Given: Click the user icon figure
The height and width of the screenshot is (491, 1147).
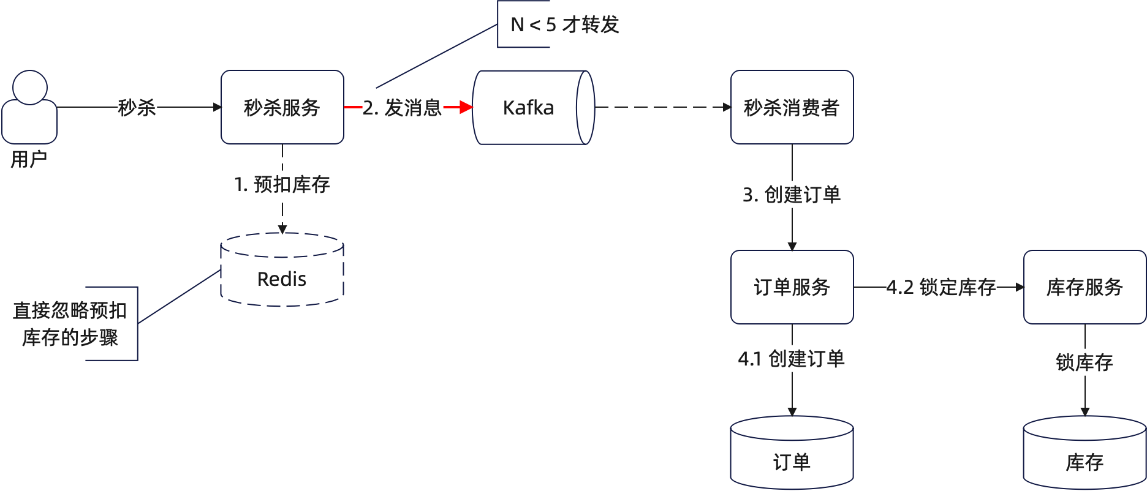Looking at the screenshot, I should click(29, 107).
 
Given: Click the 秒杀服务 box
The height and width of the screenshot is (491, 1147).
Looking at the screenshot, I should click(282, 107).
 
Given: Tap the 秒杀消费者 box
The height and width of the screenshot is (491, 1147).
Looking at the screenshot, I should click(792, 107).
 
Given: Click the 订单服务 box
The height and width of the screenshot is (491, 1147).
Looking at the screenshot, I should click(792, 287).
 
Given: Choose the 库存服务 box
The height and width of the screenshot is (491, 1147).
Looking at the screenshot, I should click(1085, 287).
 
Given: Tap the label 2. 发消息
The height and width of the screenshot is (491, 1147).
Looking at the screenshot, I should click(402, 107).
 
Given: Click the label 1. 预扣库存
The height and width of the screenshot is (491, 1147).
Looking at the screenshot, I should click(282, 184).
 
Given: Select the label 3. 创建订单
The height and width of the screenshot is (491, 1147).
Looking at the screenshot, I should click(792, 195).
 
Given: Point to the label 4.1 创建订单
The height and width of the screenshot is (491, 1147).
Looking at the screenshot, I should click(792, 358).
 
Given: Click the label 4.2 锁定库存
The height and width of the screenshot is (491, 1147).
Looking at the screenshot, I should click(941, 287).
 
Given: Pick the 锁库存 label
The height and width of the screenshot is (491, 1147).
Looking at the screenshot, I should click(1085, 362).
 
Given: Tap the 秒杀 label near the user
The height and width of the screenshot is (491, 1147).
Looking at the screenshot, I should click(137, 107).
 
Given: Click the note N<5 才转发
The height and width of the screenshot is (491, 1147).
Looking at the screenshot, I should click(564, 24).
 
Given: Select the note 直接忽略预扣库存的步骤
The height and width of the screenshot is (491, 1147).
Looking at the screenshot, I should click(70, 323).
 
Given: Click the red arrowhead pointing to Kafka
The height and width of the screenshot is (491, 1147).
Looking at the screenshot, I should click(466, 107).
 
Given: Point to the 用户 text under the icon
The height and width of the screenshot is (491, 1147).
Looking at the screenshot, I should click(29, 159).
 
